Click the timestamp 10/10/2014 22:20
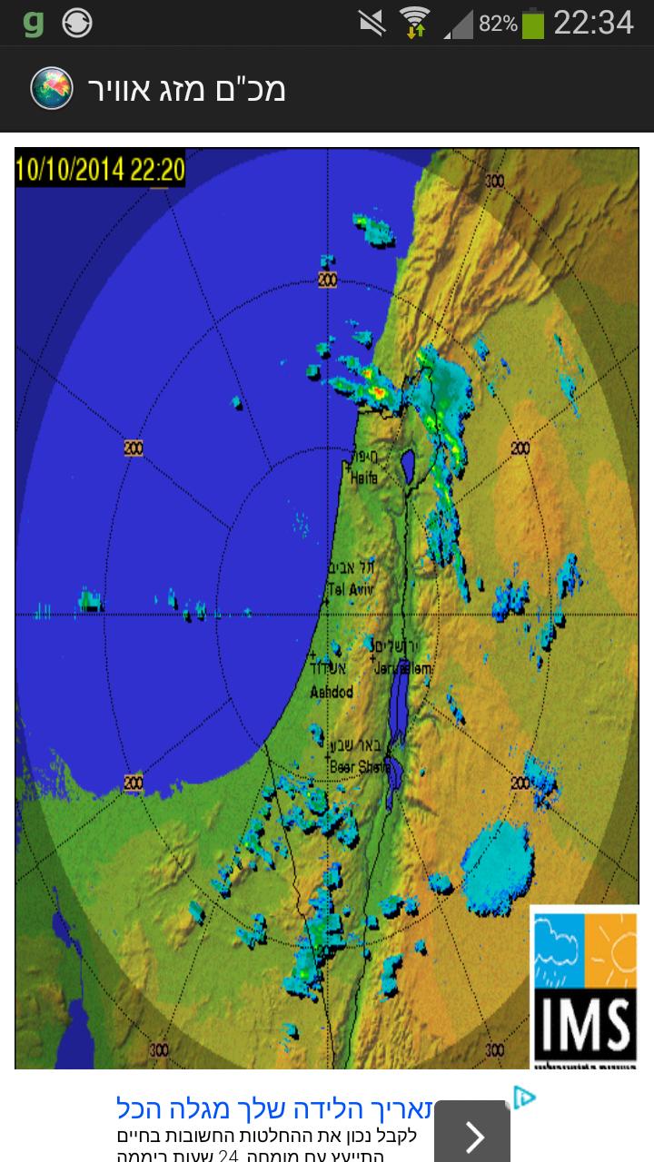coord(100,169)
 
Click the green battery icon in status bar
coord(533,24)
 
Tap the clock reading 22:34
coord(593,24)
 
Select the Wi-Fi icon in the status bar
coord(415,24)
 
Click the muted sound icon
coord(372,24)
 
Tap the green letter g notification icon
coord(34,24)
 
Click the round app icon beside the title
coord(52,88)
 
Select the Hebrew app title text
coord(186,89)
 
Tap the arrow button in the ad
coord(472,1133)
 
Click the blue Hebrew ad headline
coord(310,1108)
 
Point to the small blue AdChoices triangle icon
coord(524,1098)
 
